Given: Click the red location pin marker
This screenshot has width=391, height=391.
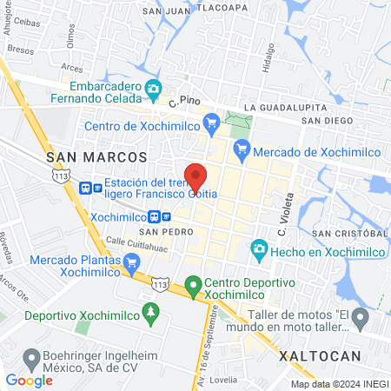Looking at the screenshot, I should [195, 176].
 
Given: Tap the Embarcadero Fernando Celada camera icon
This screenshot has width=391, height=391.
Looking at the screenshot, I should [154, 87].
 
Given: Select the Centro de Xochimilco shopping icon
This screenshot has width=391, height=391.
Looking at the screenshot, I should [209, 123].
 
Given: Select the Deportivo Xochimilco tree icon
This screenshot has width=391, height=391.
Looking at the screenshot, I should [151, 310].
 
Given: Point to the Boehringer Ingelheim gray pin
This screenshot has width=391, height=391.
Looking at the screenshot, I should [32, 356].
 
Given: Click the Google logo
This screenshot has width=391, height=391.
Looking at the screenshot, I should [29, 380].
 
